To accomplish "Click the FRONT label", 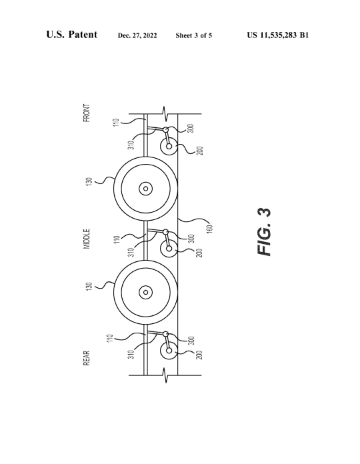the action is [87, 113].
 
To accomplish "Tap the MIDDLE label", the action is [87, 239].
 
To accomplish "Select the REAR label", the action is [87, 358].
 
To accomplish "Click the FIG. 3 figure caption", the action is [264, 232].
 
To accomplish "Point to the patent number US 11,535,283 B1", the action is [278, 35].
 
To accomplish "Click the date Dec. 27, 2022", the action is [137, 35].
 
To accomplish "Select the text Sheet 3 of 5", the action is [194, 35].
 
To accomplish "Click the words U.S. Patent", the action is [71, 35].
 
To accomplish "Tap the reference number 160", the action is [209, 229].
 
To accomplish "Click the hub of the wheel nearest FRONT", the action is [145, 189].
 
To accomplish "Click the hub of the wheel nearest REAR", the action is [145, 293].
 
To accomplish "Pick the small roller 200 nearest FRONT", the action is [169, 146].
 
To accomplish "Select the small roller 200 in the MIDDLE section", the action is [169, 249].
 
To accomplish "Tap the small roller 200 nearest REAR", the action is [169, 351].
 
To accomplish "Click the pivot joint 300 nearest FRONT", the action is [165, 129].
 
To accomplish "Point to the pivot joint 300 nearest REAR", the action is [165, 334].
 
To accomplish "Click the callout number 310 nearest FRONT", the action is [131, 145].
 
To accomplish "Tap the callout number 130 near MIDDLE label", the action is [89, 285].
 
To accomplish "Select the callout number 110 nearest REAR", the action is [110, 338].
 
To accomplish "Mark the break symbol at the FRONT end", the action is [165, 114].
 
